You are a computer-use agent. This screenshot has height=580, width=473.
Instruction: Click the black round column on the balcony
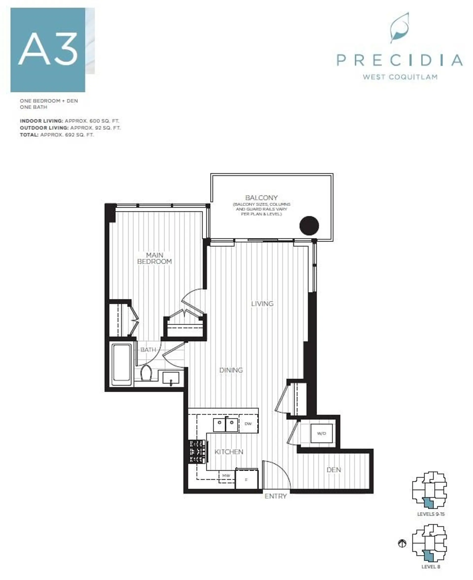point(309,225)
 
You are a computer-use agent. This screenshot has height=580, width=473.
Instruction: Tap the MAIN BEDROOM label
point(154,258)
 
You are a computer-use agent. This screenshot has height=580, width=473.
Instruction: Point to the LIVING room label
point(262,304)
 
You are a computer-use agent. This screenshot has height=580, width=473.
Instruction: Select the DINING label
point(231,370)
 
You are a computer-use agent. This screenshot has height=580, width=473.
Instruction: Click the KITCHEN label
point(229,452)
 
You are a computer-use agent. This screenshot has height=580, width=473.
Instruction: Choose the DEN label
point(334,470)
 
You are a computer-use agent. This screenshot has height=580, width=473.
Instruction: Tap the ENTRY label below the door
point(275,496)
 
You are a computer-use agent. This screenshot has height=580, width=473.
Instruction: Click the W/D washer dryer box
point(321,433)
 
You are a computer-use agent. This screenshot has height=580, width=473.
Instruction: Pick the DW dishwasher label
point(248,424)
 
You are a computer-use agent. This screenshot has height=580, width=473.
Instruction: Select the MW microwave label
point(226,475)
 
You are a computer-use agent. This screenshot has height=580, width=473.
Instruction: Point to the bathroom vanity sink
point(171,378)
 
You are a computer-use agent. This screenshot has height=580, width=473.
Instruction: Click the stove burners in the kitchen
point(198,452)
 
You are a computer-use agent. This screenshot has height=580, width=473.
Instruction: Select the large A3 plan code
point(48,50)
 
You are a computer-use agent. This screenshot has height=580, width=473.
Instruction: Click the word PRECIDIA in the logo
point(399,60)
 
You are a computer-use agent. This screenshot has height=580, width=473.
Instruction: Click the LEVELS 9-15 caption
point(431,514)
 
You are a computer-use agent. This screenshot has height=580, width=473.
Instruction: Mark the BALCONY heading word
point(261,198)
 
